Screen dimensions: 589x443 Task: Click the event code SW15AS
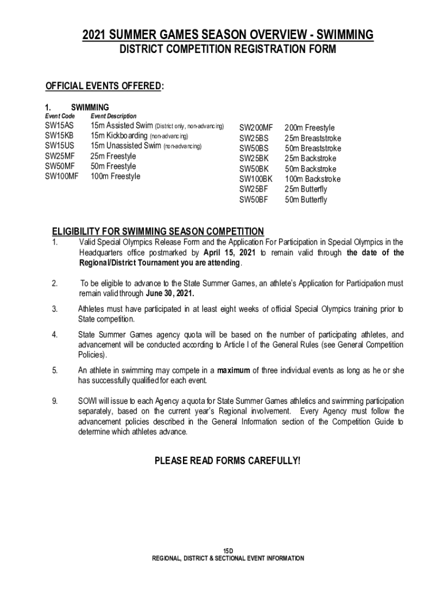[59, 125]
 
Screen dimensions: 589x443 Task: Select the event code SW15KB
[59, 136]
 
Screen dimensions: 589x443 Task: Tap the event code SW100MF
[62, 177]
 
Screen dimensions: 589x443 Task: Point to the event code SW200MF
[255, 128]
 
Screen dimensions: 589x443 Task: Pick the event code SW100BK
[256, 179]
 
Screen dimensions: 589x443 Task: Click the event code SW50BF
[254, 200]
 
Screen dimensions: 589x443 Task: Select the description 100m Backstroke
[313, 179]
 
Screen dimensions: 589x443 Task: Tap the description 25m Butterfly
[306, 189]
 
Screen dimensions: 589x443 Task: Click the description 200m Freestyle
[310, 128]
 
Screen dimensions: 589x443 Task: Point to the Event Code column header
[60, 116]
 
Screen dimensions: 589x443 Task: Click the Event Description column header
[113, 116]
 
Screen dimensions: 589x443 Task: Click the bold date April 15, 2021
[230, 253]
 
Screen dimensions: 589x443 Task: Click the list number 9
[54, 401]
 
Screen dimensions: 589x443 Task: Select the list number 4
[54, 335]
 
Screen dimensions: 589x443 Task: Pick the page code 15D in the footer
[228, 550]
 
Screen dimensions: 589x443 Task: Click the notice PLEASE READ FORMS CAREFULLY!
[228, 461]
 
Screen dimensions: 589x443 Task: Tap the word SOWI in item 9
[87, 401]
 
